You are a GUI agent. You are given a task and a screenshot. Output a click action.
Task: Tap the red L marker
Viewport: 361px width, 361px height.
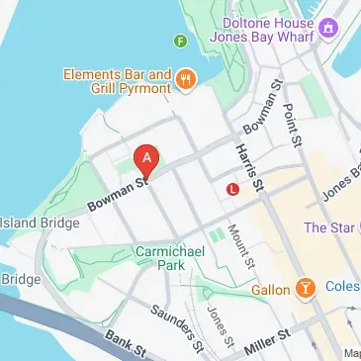click(x=232, y=188)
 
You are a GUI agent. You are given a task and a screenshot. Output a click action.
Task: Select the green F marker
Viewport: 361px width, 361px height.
click(x=180, y=41)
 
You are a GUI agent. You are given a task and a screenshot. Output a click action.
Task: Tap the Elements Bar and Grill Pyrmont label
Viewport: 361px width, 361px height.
click(x=118, y=79)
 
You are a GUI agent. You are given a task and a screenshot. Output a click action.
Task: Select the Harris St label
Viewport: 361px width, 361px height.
click(x=249, y=164)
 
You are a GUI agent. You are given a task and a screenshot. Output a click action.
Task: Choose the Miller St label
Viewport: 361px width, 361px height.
click(x=266, y=342)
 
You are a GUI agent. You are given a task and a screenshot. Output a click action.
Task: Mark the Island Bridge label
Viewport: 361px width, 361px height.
click(x=40, y=223)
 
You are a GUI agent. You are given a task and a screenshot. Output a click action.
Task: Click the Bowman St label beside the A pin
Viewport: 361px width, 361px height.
click(x=117, y=194)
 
